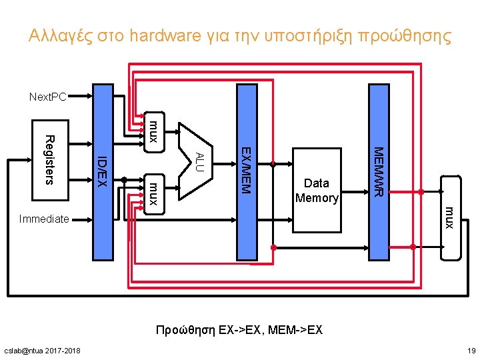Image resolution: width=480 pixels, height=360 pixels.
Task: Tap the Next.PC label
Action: click(47, 97)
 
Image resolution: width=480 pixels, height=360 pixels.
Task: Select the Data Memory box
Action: click(317, 191)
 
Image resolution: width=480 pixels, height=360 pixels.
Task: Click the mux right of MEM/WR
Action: click(450, 217)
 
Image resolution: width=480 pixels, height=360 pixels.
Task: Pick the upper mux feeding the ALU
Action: click(153, 131)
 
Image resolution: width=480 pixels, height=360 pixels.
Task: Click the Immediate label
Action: click(44, 218)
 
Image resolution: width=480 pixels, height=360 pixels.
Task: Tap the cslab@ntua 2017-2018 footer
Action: click(42, 351)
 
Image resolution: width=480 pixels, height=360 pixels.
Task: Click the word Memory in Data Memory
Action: click(317, 198)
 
